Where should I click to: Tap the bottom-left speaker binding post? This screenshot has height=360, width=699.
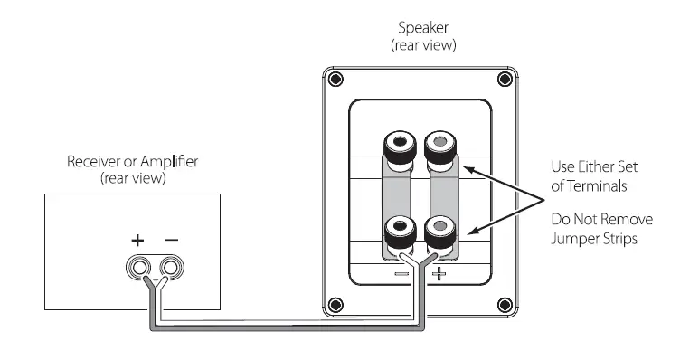coord(400,230)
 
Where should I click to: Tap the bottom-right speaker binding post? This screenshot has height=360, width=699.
coord(439,230)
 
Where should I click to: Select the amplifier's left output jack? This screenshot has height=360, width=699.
coord(139,269)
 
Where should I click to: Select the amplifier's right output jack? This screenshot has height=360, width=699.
coord(169,269)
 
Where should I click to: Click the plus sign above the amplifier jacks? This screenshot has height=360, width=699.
coord(137,240)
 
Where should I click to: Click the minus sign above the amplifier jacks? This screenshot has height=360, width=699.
coord(170,240)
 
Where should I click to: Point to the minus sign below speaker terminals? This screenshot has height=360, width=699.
coord(402,272)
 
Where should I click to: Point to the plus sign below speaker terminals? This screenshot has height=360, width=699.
coord(438,272)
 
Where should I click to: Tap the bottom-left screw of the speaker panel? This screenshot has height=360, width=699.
coord(336,303)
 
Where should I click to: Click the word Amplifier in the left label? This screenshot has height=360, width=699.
coord(170,163)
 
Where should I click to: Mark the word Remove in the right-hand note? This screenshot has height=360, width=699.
coord(628,221)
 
